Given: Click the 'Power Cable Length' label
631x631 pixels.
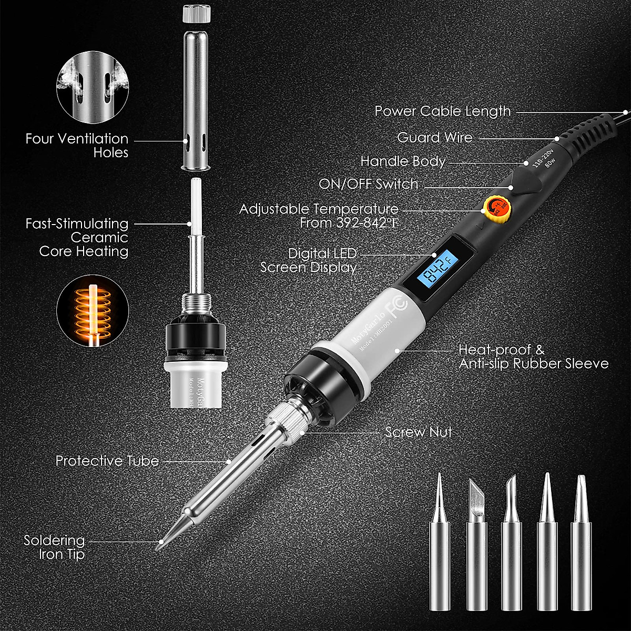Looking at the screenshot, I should tap(442, 111).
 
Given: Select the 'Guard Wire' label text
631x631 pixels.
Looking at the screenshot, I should tap(434, 137).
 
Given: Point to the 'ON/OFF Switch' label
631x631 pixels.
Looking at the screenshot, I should tap(368, 184).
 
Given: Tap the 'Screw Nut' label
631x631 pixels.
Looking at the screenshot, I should tap(418, 432).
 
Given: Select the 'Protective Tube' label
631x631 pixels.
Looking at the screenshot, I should tap(107, 461).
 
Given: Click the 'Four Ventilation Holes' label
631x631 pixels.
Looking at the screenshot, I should tap(77, 146).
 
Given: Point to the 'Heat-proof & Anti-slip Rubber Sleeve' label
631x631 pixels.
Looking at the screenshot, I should tap(533, 357).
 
